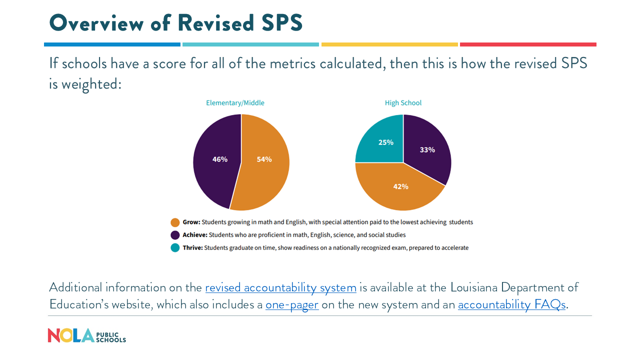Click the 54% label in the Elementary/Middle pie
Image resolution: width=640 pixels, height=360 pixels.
(264, 159)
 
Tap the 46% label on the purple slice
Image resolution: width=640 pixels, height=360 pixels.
(220, 159)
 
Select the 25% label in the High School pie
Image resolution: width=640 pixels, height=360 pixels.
(386, 142)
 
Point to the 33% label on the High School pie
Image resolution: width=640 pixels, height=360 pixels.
(427, 149)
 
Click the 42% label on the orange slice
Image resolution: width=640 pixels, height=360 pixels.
(400, 186)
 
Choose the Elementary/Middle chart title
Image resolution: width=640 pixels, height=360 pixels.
(235, 103)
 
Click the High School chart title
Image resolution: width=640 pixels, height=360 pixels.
(403, 103)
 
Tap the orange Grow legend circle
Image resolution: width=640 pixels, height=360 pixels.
(175, 222)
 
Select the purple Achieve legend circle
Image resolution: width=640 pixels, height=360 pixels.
(175, 235)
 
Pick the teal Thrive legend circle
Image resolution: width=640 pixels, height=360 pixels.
(175, 247)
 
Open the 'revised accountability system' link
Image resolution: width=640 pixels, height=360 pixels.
(280, 287)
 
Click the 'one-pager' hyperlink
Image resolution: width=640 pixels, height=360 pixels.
(292, 304)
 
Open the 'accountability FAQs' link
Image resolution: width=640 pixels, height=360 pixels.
(511, 304)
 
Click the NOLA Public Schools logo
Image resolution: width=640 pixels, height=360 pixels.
(86, 335)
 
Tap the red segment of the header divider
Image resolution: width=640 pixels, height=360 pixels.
(528, 44)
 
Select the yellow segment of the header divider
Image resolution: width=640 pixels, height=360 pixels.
(389, 44)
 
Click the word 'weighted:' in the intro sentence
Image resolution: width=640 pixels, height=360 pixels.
(91, 84)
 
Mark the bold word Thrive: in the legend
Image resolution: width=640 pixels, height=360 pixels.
(192, 248)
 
